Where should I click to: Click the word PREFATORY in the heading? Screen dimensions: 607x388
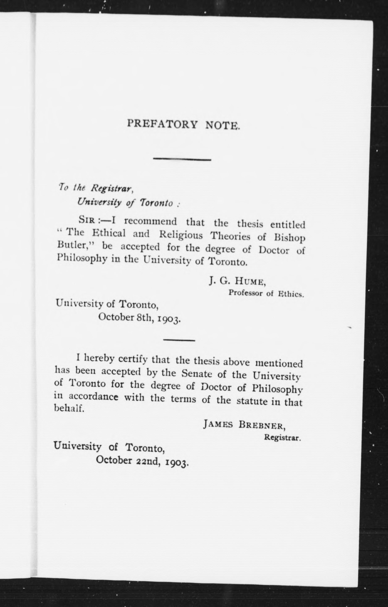point(162,124)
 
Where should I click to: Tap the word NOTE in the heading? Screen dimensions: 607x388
point(222,125)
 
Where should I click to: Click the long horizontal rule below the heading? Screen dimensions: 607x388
point(182,159)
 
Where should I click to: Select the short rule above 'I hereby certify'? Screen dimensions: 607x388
point(179,341)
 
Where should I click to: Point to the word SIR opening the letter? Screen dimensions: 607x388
point(87,220)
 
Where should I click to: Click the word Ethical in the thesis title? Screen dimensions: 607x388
point(108,233)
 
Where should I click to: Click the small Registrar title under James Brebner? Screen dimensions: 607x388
point(282,438)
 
